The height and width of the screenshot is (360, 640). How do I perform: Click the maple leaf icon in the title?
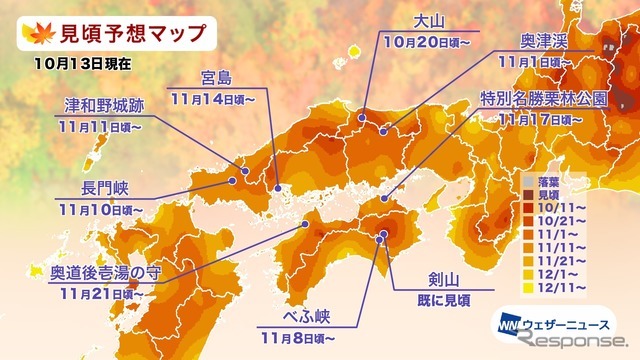pyautogui.click(x=34, y=32)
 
